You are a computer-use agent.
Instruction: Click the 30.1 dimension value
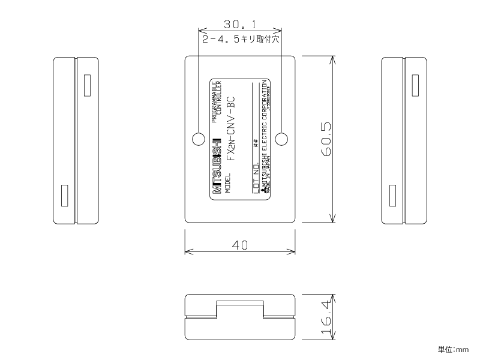pyautogui.click(x=239, y=25)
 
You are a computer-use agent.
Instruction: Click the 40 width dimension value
pyautogui.click(x=239, y=245)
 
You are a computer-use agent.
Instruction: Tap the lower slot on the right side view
pyautogui.click(x=393, y=196)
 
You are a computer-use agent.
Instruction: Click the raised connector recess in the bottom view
pyautogui.click(x=239, y=310)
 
